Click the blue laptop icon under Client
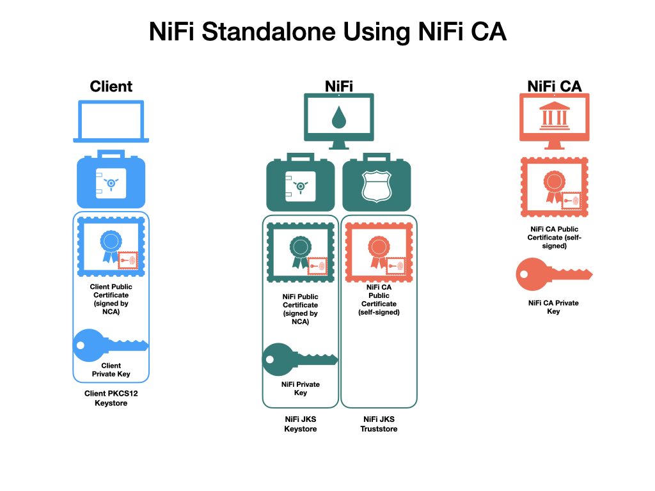pyautogui.click(x=111, y=121)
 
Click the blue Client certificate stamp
pyautogui.click(x=111, y=247)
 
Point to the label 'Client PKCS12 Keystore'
pyautogui.click(x=111, y=398)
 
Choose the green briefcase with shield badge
pyautogui.click(x=377, y=183)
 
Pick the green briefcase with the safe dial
pyautogui.click(x=300, y=183)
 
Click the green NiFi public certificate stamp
pyautogui.click(x=301, y=253)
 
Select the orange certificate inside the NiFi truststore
pyautogui.click(x=378, y=253)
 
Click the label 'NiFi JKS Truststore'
pyautogui.click(x=380, y=424)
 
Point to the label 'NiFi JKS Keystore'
pyautogui.click(x=301, y=424)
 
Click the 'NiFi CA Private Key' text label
pyautogui.click(x=554, y=307)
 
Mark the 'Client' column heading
pyautogui.click(x=111, y=86)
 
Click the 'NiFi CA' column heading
pyautogui.click(x=554, y=86)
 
